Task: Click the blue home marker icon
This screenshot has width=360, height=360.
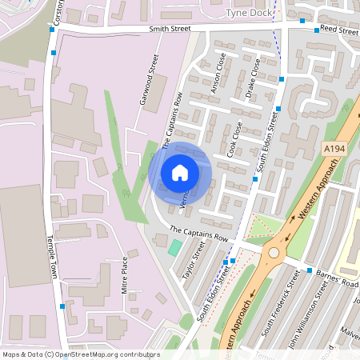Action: pos(180,173)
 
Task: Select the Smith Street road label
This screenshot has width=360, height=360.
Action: pos(170,29)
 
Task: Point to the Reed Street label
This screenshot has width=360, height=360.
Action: pos(338,30)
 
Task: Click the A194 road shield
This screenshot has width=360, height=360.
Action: pos(335,150)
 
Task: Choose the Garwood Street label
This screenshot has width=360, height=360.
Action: pos(147,84)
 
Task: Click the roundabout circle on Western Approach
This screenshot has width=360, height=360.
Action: pos(274,253)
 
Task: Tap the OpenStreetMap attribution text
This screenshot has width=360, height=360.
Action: pos(80,354)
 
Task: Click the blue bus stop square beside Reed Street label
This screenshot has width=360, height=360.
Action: pos(302,21)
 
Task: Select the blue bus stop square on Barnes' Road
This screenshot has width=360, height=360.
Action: pos(309,271)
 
